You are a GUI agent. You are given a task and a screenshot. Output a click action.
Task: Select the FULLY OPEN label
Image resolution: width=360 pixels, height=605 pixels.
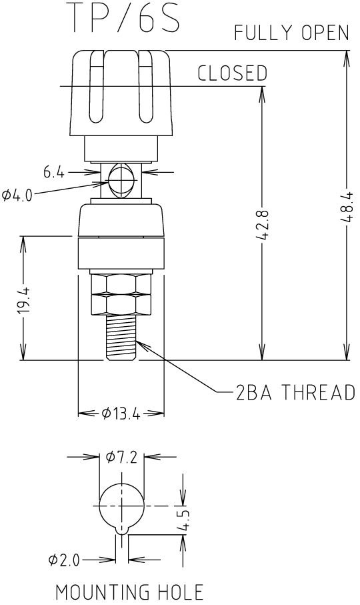[291, 33]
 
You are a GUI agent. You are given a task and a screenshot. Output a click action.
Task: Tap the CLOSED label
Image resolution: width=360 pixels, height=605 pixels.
[232, 73]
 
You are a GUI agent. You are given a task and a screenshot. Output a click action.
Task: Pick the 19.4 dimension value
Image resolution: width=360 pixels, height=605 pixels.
[23, 299]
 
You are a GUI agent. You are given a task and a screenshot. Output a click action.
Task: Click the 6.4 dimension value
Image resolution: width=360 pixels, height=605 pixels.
[54, 173]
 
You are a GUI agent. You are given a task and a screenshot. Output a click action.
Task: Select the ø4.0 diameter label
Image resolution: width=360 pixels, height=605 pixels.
[15, 195]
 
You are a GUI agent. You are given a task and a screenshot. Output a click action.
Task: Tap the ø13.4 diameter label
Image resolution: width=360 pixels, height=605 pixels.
[121, 414]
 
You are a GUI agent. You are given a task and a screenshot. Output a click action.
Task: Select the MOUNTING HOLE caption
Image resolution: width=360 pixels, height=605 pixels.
[129, 592]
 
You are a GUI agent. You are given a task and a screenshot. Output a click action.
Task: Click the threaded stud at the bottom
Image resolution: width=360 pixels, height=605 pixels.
[121, 338]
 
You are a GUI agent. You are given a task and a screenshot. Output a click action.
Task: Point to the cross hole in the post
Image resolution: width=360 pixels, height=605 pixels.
[121, 180]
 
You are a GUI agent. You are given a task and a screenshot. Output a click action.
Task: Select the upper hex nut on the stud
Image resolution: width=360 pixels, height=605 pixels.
[121, 283]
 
